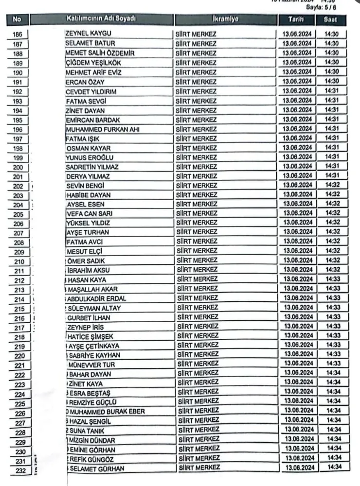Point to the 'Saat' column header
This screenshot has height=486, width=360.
point(332,20)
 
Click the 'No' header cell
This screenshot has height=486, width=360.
point(18,19)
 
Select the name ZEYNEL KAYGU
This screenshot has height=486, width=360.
point(88,33)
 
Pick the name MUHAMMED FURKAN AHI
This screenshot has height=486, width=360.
point(104,129)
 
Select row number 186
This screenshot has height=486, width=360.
point(18,35)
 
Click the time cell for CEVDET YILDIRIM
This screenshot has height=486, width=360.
point(332,91)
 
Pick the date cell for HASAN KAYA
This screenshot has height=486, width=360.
point(298,279)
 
